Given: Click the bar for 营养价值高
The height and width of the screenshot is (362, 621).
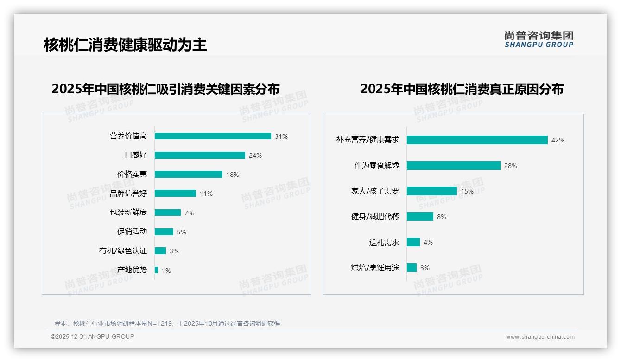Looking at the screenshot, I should click(x=213, y=136).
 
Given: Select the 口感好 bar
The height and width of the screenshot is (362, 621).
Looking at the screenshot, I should click(x=200, y=155).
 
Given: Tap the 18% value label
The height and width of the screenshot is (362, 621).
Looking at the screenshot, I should click(x=233, y=175).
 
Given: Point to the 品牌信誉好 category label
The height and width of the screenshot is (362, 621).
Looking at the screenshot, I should click(x=128, y=194).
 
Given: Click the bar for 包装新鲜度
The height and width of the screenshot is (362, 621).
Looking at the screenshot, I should click(x=168, y=213).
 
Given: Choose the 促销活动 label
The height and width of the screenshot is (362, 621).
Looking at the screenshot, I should click(x=132, y=232).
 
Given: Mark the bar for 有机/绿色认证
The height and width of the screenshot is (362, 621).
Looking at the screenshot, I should click(x=160, y=251).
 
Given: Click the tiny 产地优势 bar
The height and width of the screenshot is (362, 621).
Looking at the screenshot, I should click(x=157, y=270).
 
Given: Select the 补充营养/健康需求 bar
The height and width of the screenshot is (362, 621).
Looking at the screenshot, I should click(x=477, y=140).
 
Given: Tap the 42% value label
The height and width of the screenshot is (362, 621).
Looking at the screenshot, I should click(x=558, y=140).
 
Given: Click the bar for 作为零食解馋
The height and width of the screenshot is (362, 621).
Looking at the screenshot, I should click(x=454, y=166).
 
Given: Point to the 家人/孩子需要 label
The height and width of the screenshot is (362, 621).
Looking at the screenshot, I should click(x=375, y=191).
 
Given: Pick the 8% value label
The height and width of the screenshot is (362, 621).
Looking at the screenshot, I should click(x=442, y=217).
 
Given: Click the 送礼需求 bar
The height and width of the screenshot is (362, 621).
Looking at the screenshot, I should click(x=413, y=242).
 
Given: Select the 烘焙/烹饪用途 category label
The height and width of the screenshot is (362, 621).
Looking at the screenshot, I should click(x=375, y=268).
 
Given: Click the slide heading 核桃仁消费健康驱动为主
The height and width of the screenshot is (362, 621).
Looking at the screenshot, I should click(x=125, y=45).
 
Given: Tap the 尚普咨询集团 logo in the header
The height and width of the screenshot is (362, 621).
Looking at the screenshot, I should click(x=539, y=39).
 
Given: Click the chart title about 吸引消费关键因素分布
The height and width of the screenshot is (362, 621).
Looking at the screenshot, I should click(x=165, y=89).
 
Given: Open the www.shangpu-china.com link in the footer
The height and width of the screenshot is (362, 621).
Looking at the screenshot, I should click(x=540, y=337).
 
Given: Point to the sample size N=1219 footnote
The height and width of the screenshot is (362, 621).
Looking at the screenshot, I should click(x=167, y=323).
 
